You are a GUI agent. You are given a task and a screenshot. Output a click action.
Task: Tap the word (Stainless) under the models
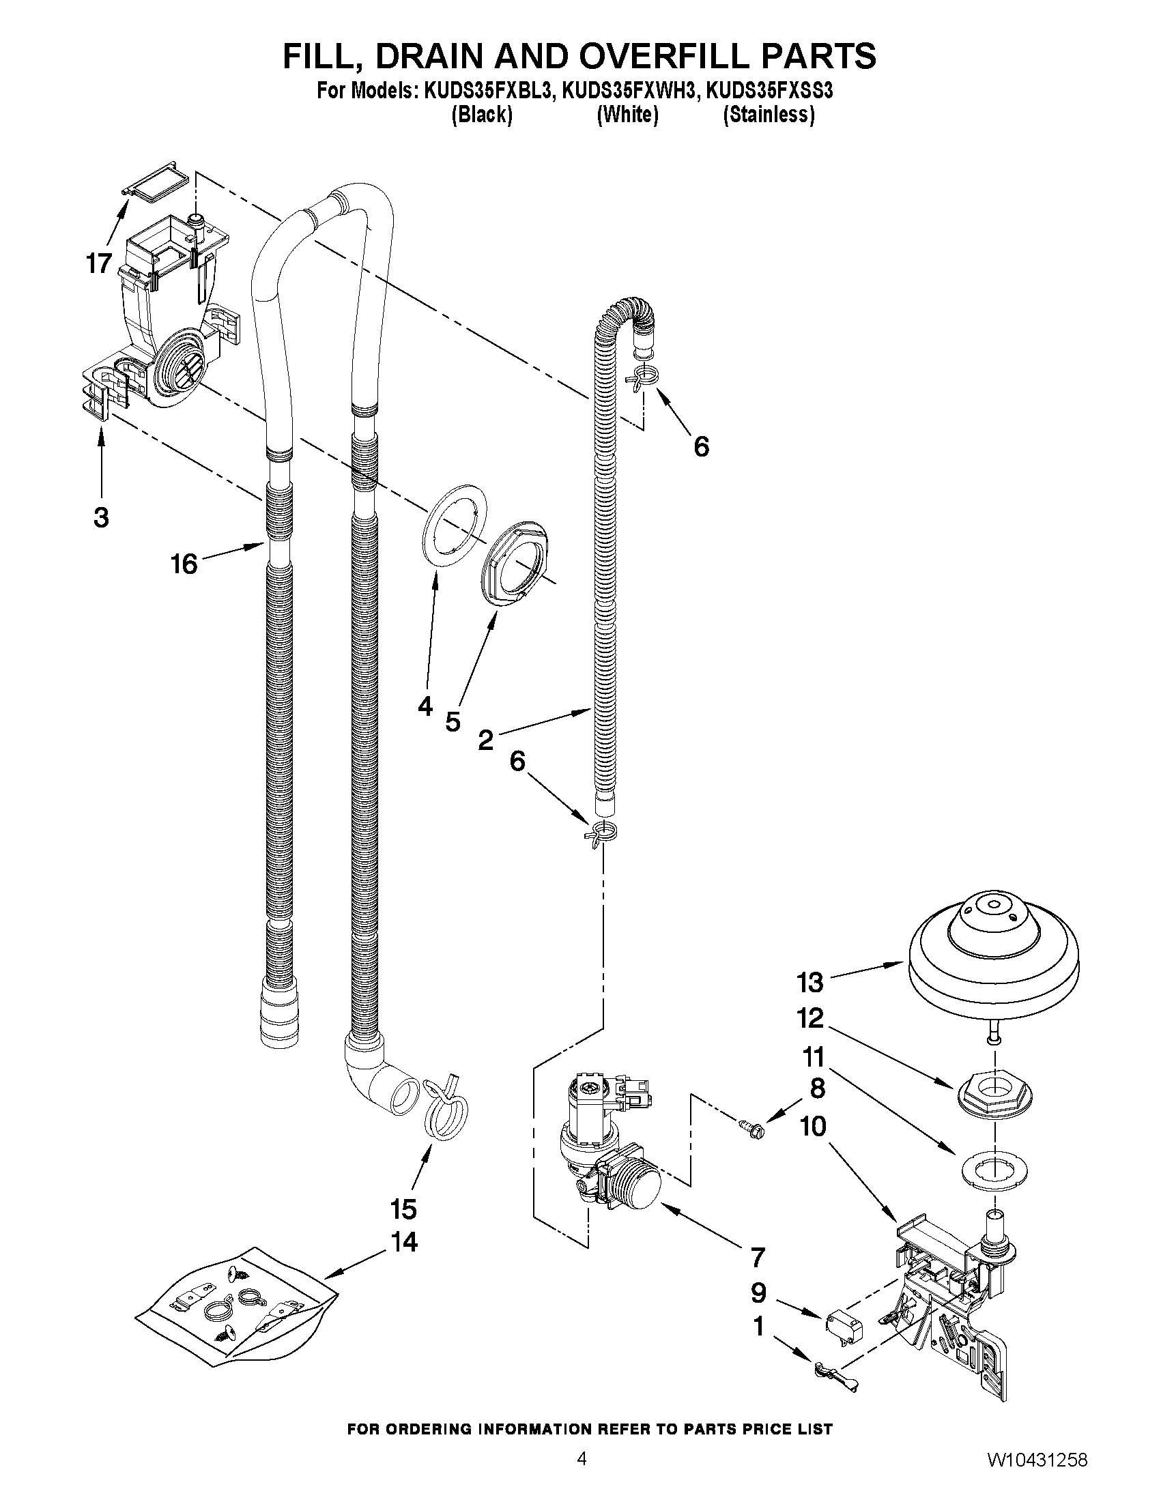(x=769, y=115)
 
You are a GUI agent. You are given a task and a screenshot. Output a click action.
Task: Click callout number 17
(x=99, y=263)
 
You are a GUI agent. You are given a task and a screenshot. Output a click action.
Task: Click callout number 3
(x=101, y=517)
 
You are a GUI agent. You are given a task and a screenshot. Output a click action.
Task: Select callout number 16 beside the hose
(x=184, y=564)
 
